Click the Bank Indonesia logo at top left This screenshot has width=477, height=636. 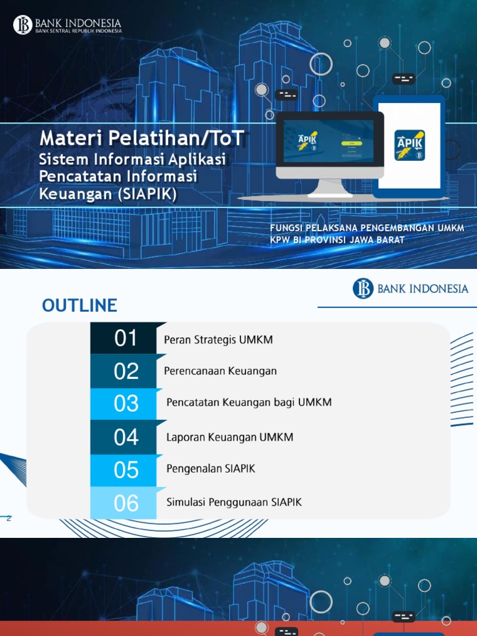(x=67, y=25)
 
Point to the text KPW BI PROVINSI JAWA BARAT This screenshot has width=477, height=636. (x=337, y=240)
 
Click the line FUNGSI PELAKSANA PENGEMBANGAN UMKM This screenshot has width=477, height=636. (x=366, y=229)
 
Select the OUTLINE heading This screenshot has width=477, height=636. (x=79, y=306)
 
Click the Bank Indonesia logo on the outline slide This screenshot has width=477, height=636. (x=411, y=289)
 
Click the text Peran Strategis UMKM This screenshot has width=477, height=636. (x=218, y=340)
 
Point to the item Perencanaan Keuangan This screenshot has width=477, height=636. (x=220, y=371)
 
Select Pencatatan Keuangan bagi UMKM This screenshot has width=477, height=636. (x=248, y=402)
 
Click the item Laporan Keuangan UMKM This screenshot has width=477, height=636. (x=229, y=437)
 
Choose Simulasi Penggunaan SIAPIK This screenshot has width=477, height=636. (x=234, y=502)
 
